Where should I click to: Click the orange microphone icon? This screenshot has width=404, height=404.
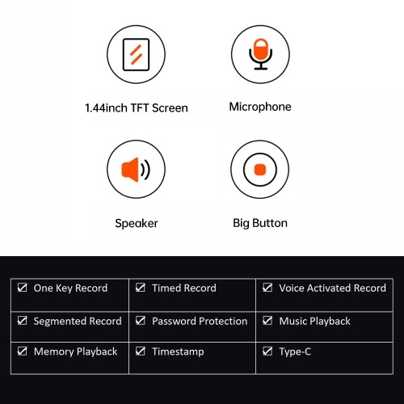pyautogui.click(x=260, y=54)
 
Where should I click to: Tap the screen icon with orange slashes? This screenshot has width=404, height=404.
pyautogui.click(x=136, y=55)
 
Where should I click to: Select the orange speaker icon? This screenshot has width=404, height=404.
pyautogui.click(x=136, y=170)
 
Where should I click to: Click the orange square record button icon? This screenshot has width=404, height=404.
pyautogui.click(x=260, y=170)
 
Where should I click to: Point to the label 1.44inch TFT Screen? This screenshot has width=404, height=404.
pyautogui.click(x=137, y=108)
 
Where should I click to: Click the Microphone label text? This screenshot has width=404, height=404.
pyautogui.click(x=260, y=107)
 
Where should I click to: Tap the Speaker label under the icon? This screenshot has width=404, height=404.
pyautogui.click(x=137, y=223)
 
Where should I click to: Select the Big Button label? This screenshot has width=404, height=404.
pyautogui.click(x=260, y=223)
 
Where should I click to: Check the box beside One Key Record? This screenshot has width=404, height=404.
pyautogui.click(x=22, y=288)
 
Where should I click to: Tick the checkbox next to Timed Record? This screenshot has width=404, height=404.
pyautogui.click(x=141, y=288)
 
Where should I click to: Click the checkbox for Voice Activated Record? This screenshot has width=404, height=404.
pyautogui.click(x=267, y=288)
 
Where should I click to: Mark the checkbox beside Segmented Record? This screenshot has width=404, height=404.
pyautogui.click(x=22, y=321)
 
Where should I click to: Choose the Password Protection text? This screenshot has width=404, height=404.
pyautogui.click(x=200, y=322)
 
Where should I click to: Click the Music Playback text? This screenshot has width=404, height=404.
pyautogui.click(x=314, y=322)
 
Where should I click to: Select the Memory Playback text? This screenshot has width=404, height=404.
pyautogui.click(x=75, y=351)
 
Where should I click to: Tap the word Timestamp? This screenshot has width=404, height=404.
pyautogui.click(x=178, y=351)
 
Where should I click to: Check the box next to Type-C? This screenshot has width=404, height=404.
pyautogui.click(x=267, y=351)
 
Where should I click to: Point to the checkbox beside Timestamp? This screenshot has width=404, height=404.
pyautogui.click(x=141, y=351)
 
